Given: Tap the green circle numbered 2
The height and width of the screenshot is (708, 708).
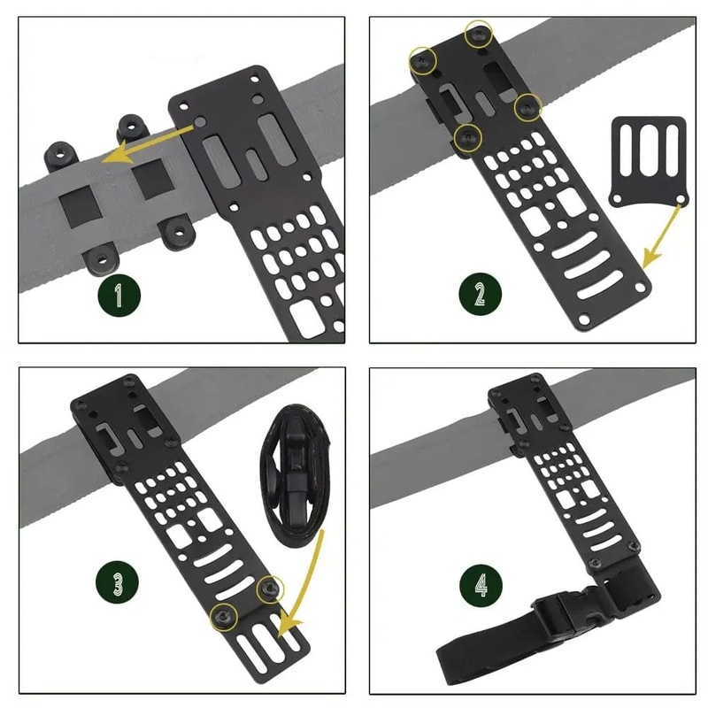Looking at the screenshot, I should point(480,293).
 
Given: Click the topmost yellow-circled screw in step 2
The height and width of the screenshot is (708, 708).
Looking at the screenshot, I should point(479,34).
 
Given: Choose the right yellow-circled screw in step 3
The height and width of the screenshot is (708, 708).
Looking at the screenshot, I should point(269,588).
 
